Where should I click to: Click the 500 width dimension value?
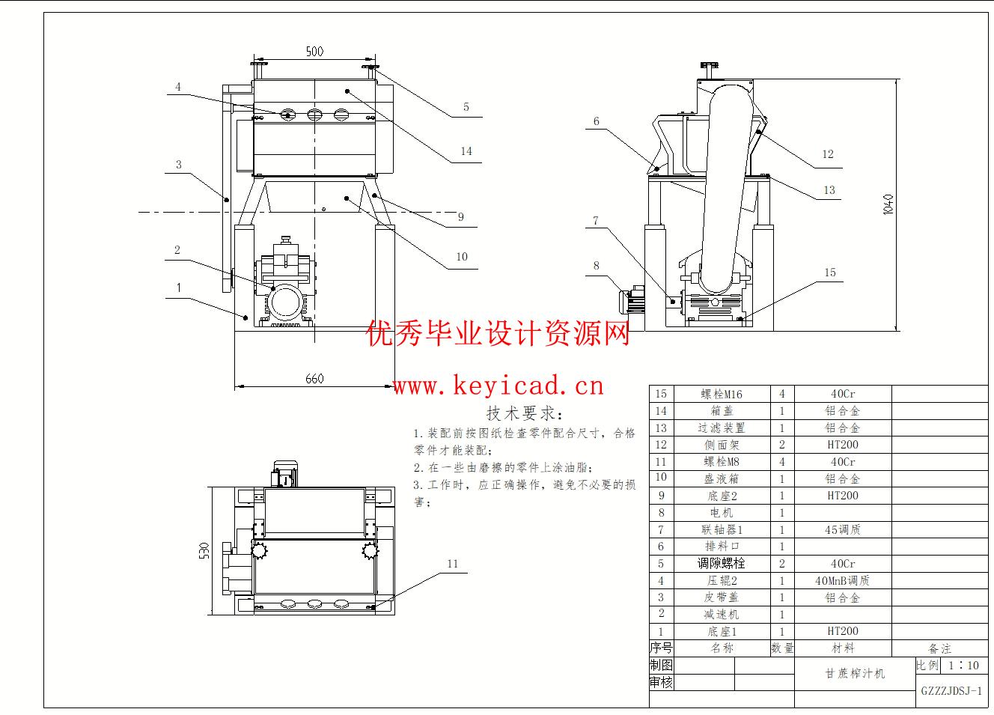(314, 52)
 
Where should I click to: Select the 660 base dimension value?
(314, 378)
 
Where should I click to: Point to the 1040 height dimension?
(888, 204)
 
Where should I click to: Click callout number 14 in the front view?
(466, 151)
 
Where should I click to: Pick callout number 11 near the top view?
(452, 564)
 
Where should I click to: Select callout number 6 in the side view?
(597, 121)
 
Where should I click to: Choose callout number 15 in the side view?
(830, 273)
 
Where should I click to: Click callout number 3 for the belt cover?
(179, 165)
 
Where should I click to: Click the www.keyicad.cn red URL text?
(498, 386)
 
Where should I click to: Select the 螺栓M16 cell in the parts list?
(722, 394)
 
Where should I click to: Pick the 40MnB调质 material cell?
(842, 580)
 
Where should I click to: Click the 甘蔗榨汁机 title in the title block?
(854, 673)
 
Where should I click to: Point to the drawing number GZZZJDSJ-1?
(951, 691)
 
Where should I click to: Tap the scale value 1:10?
(963, 665)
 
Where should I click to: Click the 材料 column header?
(842, 648)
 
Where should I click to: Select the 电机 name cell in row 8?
(722, 513)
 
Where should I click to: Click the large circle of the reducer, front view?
(284, 302)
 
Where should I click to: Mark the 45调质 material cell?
(842, 529)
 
